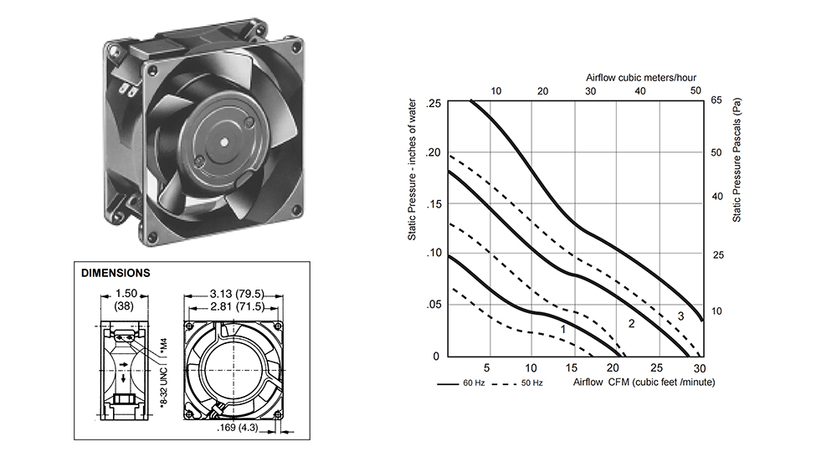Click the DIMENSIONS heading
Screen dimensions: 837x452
click(x=116, y=273)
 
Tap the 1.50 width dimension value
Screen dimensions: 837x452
click(x=126, y=294)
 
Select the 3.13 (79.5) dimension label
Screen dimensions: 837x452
click(x=237, y=294)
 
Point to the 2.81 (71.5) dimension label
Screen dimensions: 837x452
click(x=237, y=306)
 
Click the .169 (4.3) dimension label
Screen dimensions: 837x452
click(x=237, y=428)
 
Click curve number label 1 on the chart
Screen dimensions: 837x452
click(x=563, y=330)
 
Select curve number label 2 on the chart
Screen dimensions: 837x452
click(x=631, y=323)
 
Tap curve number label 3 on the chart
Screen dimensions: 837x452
click(x=680, y=316)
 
